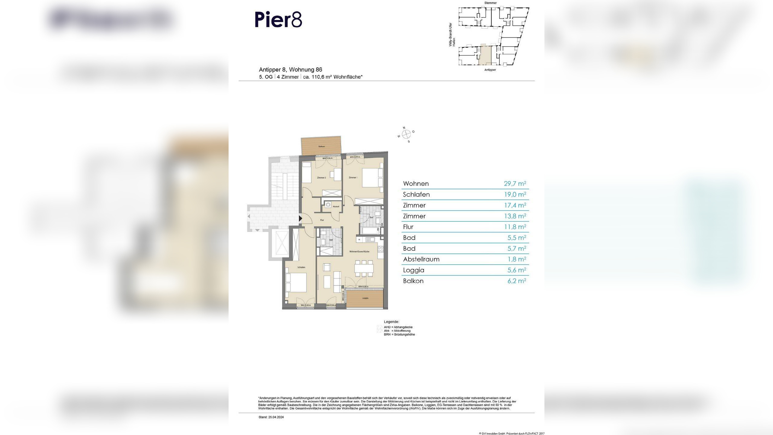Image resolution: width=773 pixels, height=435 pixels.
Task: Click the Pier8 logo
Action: (x=278, y=20)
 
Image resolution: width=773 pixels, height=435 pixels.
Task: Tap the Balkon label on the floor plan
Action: (x=322, y=147)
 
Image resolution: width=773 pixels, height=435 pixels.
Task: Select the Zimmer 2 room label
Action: (x=321, y=178)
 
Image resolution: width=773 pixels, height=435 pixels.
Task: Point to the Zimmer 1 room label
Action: (x=353, y=178)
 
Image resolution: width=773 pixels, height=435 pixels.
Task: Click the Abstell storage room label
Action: (x=336, y=207)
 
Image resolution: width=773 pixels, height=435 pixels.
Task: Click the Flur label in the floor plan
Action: (x=322, y=220)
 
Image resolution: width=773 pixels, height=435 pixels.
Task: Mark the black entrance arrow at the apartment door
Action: (x=300, y=218)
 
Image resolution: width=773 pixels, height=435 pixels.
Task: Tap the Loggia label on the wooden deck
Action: (x=365, y=298)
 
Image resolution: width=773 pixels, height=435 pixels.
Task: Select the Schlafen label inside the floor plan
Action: (x=301, y=267)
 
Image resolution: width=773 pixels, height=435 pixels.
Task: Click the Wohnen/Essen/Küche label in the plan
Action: (x=359, y=251)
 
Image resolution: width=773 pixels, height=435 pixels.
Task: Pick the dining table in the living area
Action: (x=364, y=268)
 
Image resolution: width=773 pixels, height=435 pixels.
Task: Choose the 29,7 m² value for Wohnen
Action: (x=515, y=184)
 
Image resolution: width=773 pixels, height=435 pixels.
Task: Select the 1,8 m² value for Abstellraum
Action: (x=517, y=259)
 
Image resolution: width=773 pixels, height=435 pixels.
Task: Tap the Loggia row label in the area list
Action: (x=413, y=270)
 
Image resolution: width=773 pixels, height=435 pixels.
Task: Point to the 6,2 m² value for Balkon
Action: (x=517, y=281)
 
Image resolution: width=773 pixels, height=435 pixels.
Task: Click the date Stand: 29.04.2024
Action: (x=271, y=417)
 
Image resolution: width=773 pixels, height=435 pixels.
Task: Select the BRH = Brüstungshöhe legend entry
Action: (x=399, y=334)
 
